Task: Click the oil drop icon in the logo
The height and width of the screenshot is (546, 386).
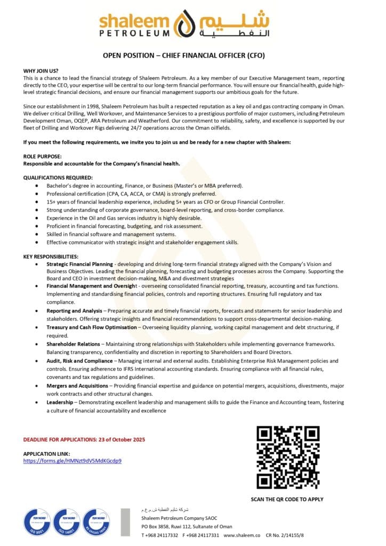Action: click(x=187, y=25)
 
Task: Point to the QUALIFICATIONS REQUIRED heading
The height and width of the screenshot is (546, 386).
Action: click(x=58, y=178)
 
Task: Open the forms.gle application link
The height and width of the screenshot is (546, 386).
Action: click(x=73, y=460)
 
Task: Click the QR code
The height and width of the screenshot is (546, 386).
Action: click(x=287, y=457)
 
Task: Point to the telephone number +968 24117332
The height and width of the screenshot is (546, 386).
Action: click(x=162, y=534)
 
